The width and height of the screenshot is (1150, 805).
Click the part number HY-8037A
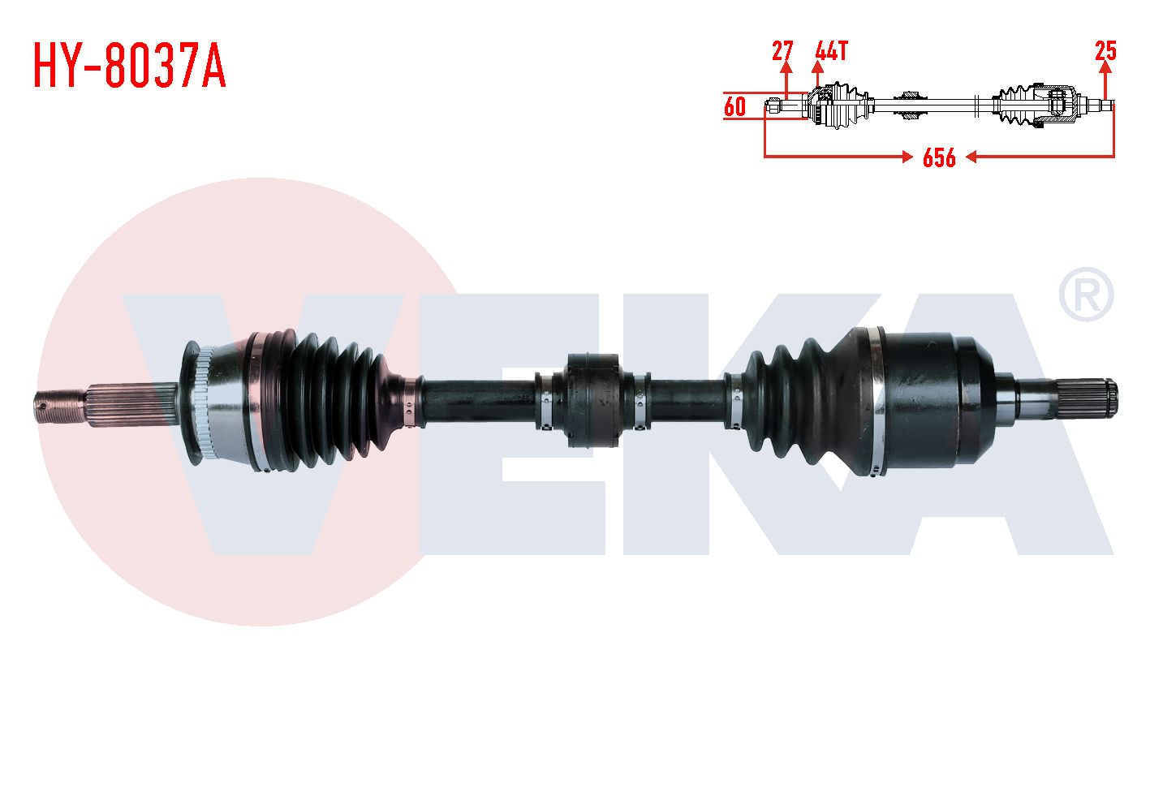[129, 66]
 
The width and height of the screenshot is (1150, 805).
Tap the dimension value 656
[939, 157]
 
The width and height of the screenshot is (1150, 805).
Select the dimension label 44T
[831, 51]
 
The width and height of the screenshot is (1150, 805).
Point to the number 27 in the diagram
[782, 51]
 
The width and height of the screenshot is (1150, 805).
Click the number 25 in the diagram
[1106, 51]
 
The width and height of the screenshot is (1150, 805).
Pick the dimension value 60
[734, 107]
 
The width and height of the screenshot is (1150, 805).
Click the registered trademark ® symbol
[1087, 295]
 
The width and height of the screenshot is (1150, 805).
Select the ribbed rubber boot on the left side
[329, 399]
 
